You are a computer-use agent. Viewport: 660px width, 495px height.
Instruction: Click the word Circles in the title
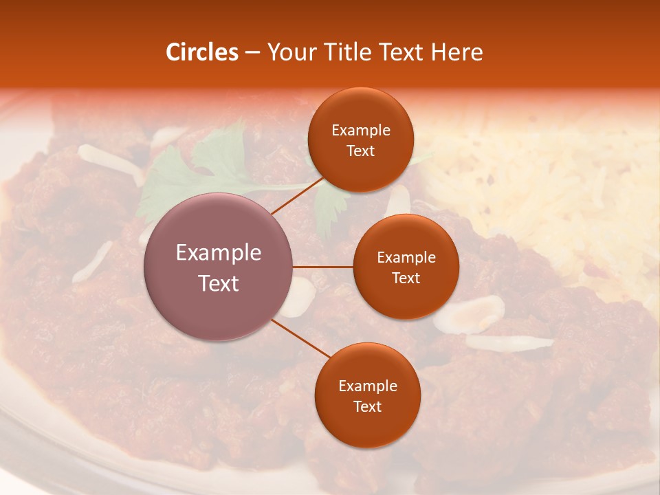[201, 52]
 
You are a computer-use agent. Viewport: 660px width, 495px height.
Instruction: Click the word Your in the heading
[290, 52]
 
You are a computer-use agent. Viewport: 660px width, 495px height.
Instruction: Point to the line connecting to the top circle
[297, 196]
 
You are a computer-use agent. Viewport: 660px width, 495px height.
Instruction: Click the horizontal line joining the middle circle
[323, 267]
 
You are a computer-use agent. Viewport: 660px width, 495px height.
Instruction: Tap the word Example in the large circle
[219, 253]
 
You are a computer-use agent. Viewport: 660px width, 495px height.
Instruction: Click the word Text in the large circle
[219, 283]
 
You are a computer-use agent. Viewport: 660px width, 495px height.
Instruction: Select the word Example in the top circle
[360, 130]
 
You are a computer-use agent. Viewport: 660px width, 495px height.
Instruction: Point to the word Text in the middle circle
[406, 278]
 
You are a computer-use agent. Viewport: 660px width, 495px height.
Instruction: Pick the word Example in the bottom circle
[367, 386]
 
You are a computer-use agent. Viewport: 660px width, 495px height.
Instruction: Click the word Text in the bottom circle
[367, 407]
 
